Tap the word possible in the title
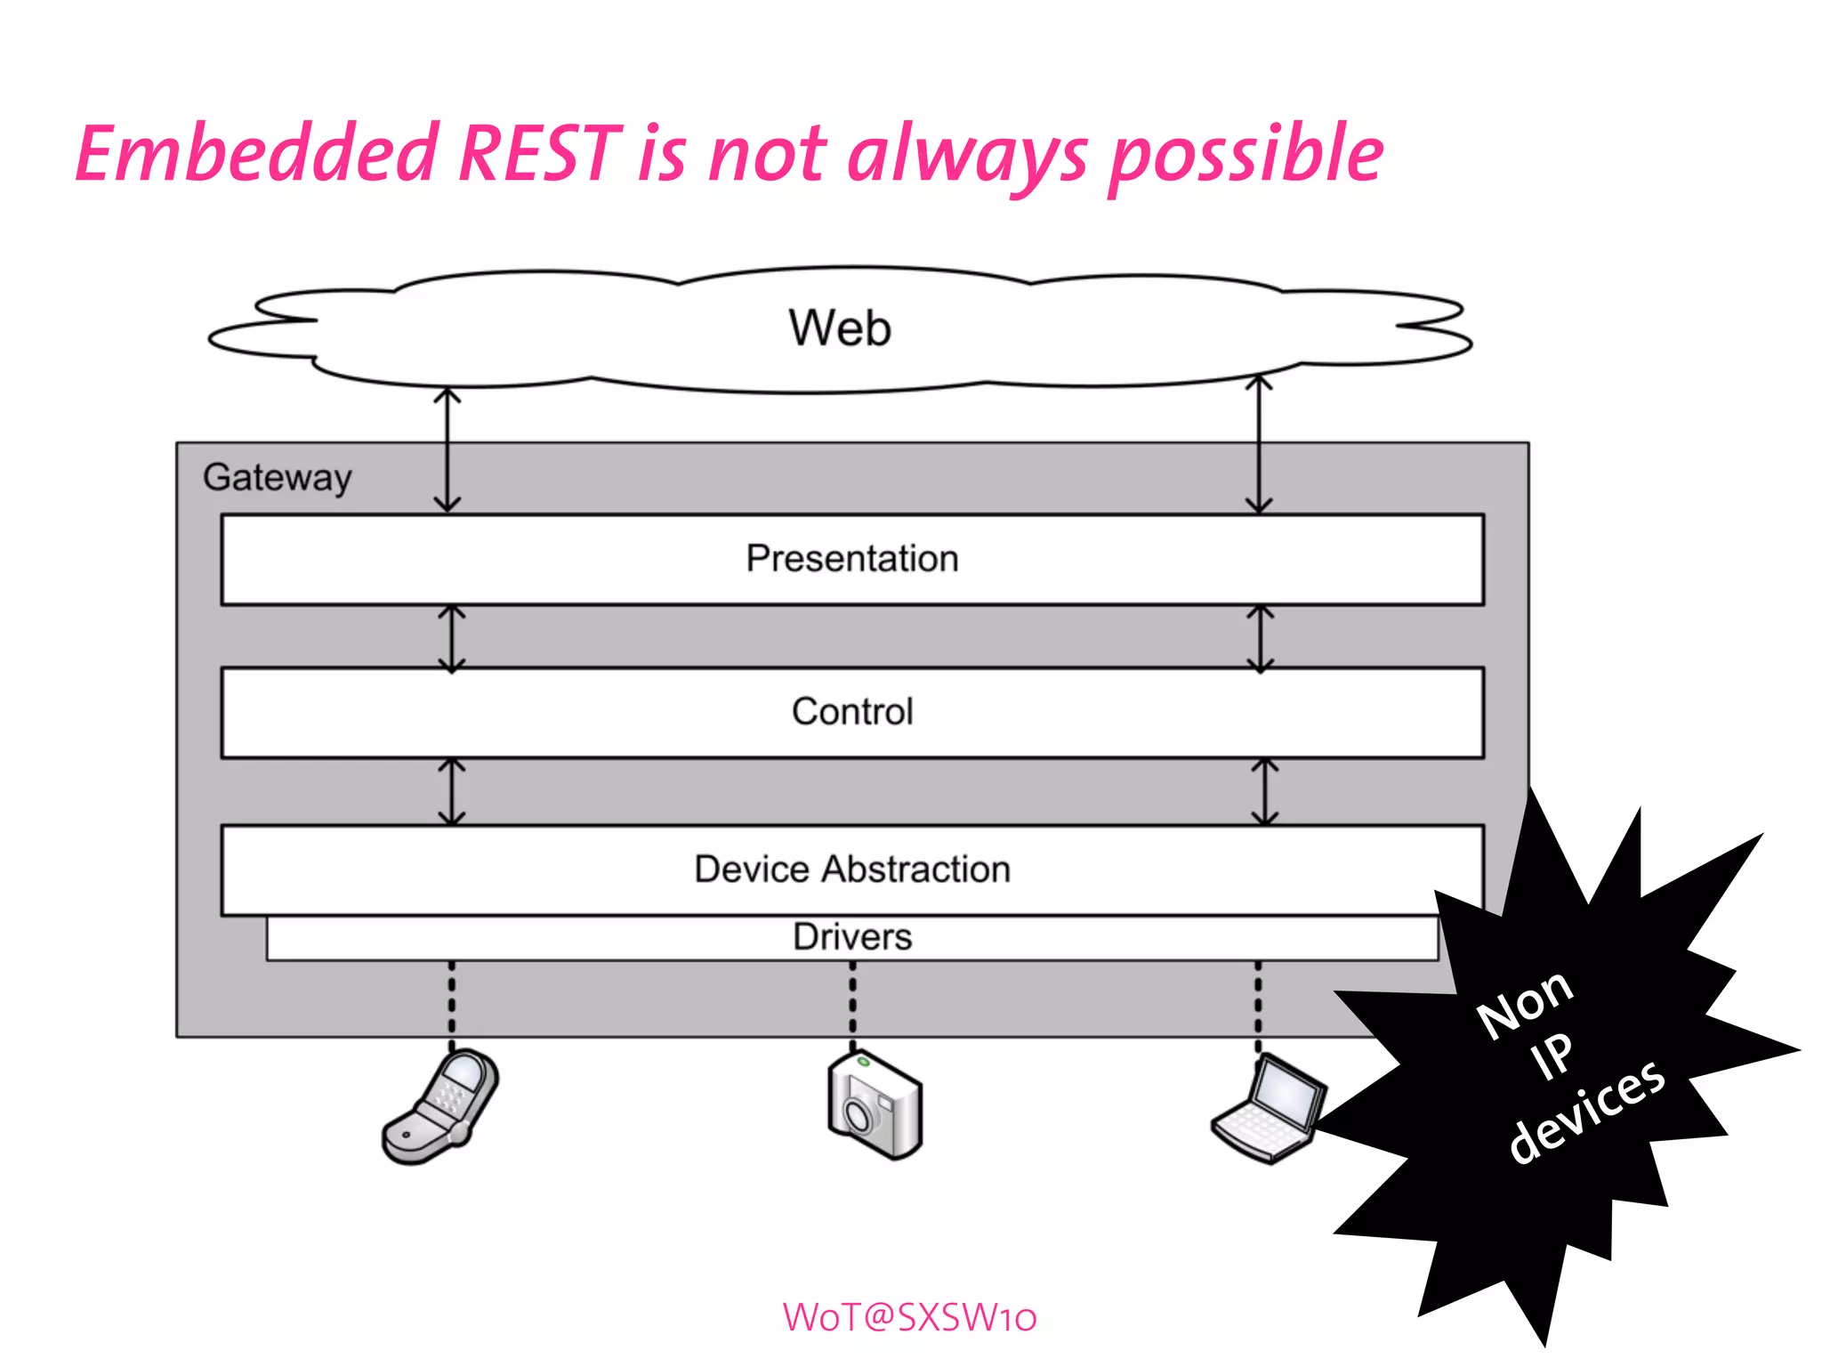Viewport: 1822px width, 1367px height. (1246, 157)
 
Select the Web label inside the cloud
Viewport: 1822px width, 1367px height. (839, 328)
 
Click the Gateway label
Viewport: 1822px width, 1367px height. (278, 478)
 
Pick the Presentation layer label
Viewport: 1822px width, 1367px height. (851, 559)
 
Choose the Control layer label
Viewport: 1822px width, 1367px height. (851, 712)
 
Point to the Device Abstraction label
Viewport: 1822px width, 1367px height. (851, 870)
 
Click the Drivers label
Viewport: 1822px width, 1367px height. (851, 937)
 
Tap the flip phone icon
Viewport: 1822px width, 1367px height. (440, 1107)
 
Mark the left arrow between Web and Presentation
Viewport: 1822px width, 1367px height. (447, 450)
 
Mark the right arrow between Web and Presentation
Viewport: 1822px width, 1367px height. (1258, 445)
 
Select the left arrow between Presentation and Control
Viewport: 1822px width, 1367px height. (452, 638)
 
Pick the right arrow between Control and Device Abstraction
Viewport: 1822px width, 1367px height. (1264, 791)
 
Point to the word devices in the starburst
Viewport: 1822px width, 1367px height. (1587, 1112)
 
